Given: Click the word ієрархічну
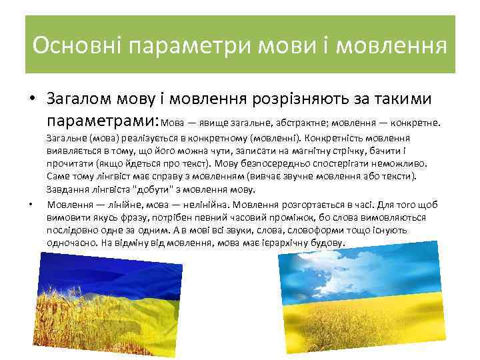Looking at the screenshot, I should (277, 243).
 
